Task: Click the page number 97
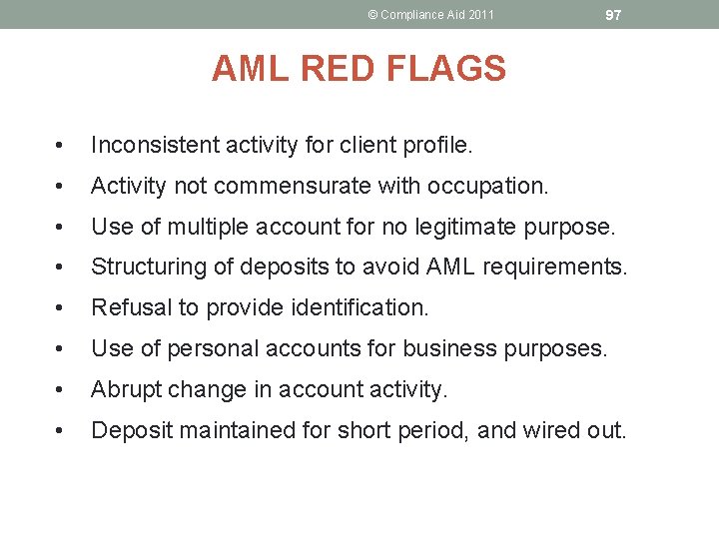(613, 15)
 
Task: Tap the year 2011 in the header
(479, 15)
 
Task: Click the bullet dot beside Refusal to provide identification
(63, 308)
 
